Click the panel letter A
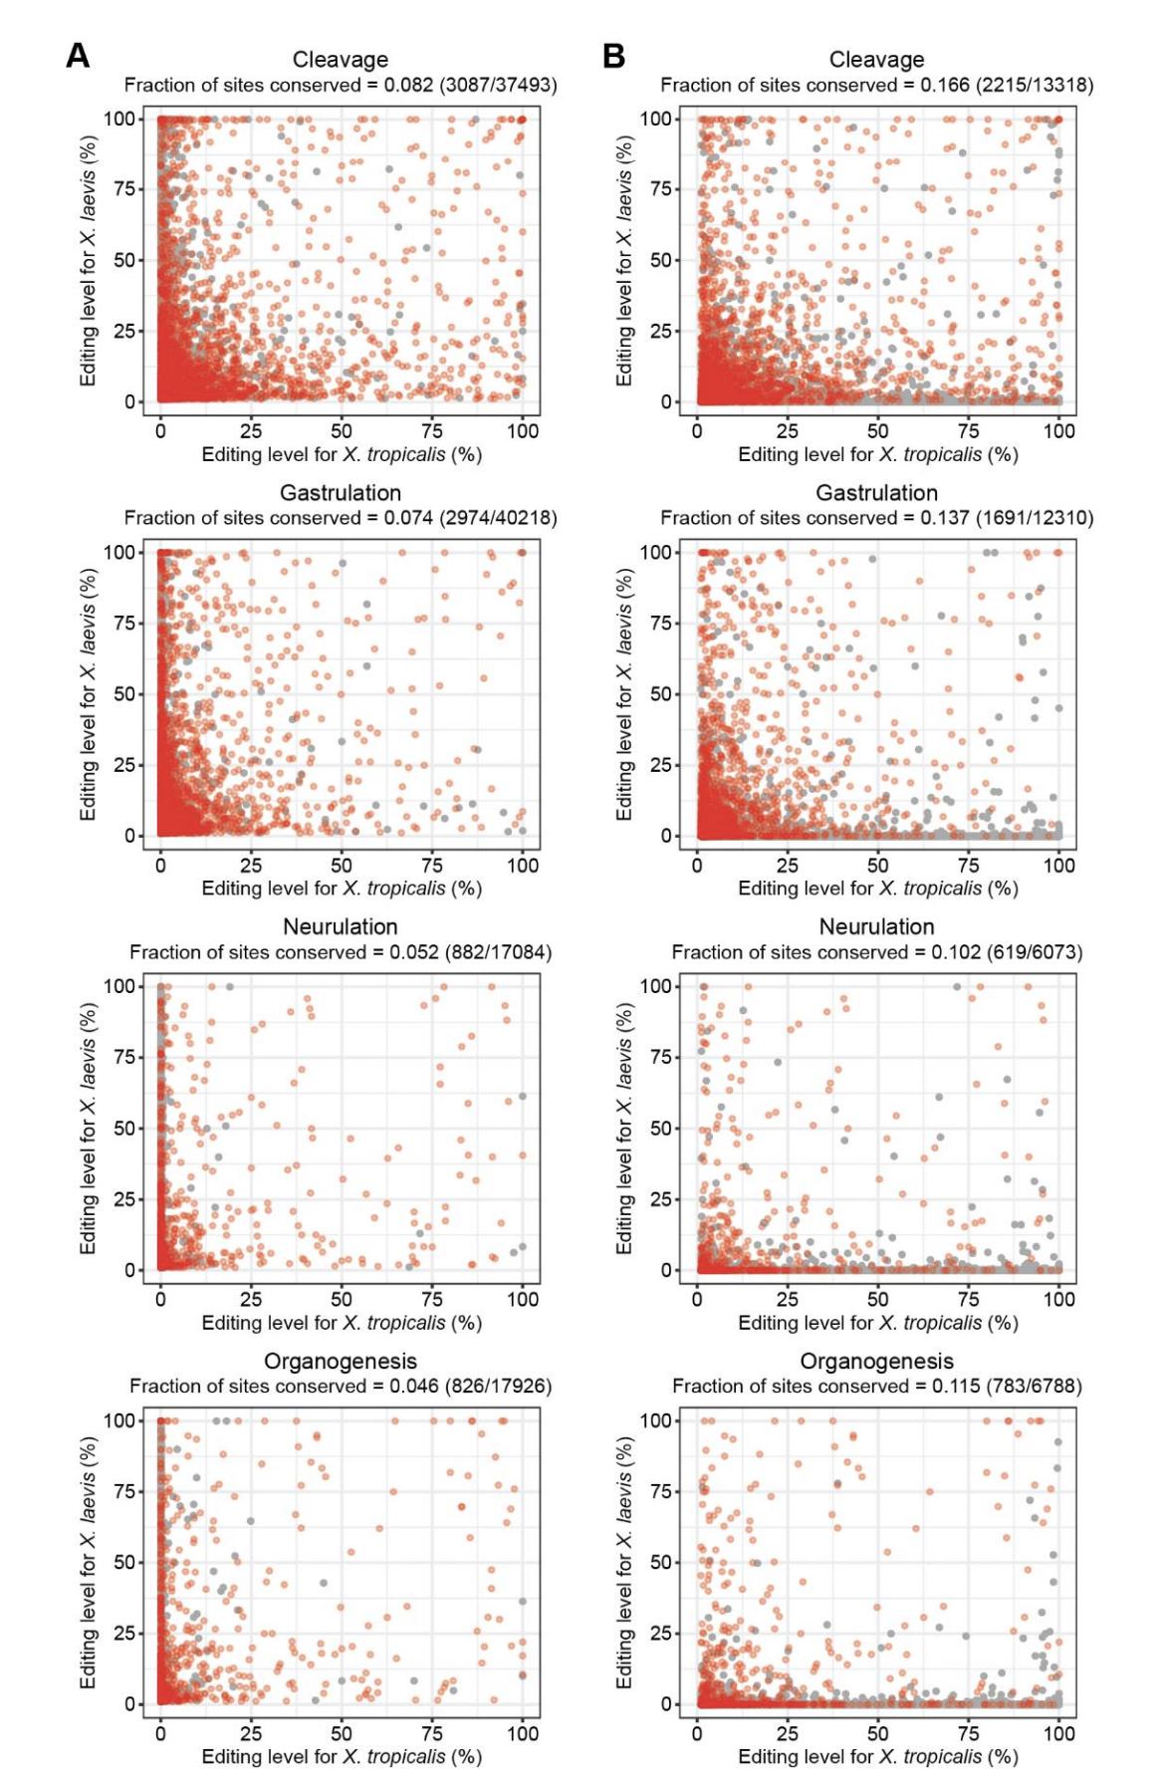coord(78,57)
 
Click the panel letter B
coord(613,57)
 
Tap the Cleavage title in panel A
coord(341,60)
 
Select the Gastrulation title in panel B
coord(876,493)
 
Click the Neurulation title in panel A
coord(341,927)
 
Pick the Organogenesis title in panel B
coord(876,1361)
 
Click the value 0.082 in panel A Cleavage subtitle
coord(408,86)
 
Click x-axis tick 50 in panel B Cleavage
coord(877,431)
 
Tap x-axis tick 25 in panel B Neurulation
coord(787,1299)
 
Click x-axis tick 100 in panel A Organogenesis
coord(523,1733)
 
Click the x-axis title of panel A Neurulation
coord(342,1324)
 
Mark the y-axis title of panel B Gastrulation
coord(624,694)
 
